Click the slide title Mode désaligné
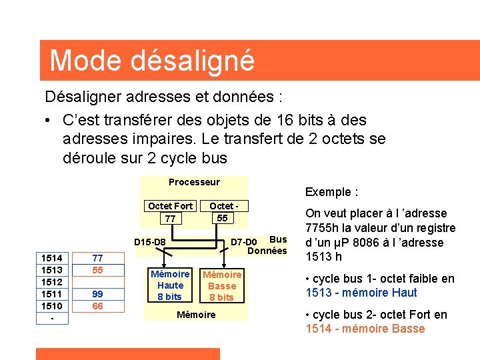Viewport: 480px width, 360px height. (x=152, y=60)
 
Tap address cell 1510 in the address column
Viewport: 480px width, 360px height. (x=51, y=306)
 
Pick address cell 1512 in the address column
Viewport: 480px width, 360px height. (x=51, y=282)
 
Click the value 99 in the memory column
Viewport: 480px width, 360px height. (x=97, y=294)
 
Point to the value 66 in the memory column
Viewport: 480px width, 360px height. (x=97, y=306)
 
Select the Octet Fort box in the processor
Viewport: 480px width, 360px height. (x=170, y=213)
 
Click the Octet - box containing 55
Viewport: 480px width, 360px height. (x=222, y=212)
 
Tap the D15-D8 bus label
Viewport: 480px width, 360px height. (x=150, y=241)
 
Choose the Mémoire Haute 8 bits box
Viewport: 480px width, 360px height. (x=170, y=285)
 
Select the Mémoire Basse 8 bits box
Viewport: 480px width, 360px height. (x=222, y=285)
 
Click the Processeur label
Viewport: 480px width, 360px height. (x=194, y=182)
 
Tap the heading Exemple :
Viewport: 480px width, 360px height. (x=332, y=192)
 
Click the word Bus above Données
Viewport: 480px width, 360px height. (x=279, y=239)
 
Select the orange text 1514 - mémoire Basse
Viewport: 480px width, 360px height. (x=365, y=329)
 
